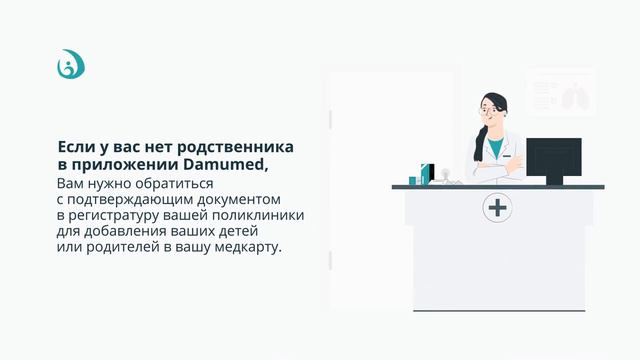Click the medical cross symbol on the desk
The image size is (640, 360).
point(497,208)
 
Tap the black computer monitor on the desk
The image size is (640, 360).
point(553,158)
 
